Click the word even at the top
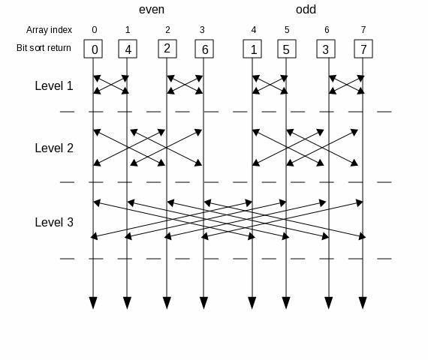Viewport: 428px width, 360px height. tap(152, 10)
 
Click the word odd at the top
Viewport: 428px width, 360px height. tap(306, 10)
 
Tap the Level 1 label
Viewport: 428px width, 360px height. tap(54, 85)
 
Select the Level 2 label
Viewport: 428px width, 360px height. tap(54, 148)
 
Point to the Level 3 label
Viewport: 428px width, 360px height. tap(54, 222)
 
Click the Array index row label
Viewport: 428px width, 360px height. tap(49, 30)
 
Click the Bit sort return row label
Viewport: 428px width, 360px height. tap(44, 48)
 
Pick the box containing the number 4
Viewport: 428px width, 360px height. tap(128, 49)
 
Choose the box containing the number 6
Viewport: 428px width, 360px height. tap(204, 49)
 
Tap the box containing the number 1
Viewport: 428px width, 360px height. tap(252, 49)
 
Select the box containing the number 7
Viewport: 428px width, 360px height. tap(363, 49)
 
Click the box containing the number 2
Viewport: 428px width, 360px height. tap(167, 49)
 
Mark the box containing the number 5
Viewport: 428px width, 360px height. tap(287, 49)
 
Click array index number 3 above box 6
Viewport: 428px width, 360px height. tap(202, 30)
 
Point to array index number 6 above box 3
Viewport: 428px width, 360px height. tap(327, 30)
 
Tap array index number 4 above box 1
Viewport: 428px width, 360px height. tap(254, 30)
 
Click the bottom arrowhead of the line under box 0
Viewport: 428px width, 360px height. tap(93, 303)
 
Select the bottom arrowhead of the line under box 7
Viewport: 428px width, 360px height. tap(363, 303)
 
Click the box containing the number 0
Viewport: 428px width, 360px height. tap(93, 49)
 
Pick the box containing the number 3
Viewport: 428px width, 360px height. tap(326, 49)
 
